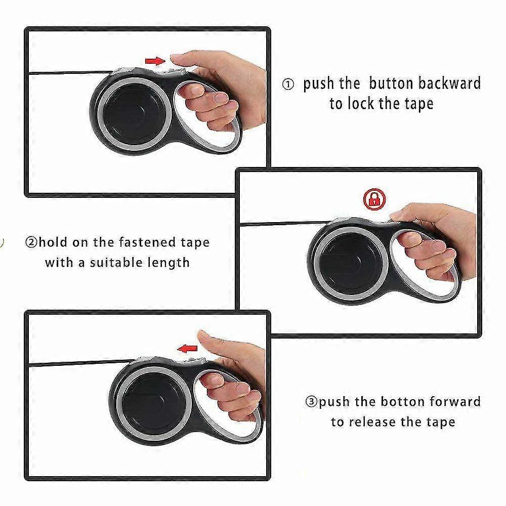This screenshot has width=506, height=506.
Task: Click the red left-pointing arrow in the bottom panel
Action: point(187,349)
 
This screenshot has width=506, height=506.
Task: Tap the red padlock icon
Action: point(374,199)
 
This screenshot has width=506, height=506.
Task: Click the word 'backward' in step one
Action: point(449,83)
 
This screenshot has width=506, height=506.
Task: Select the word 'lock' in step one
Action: point(361,103)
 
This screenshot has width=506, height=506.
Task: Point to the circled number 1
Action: point(288,85)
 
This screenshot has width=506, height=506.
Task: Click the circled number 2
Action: point(31,242)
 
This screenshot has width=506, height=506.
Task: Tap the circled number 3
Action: point(311,402)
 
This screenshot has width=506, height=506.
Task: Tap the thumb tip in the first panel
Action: point(177,59)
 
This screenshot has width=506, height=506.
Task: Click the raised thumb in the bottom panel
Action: point(213,343)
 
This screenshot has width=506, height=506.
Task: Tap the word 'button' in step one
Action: point(391,83)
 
